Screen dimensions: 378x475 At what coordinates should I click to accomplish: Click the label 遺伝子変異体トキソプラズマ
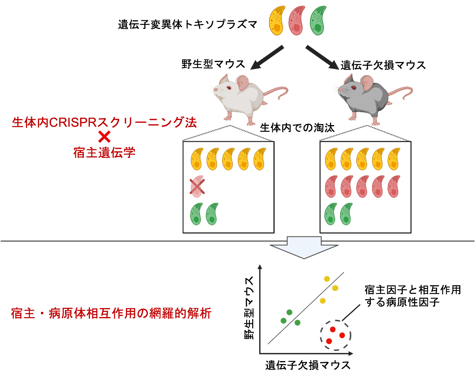188,25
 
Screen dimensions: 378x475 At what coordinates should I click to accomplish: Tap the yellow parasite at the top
277,21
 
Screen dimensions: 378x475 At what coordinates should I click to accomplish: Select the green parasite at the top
318,21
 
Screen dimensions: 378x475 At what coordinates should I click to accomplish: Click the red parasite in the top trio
297,21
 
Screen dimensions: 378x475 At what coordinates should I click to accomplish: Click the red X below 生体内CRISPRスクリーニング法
104,137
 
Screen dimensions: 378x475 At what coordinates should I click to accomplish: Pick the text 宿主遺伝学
104,153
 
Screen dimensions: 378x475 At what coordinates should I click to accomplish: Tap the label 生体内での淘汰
297,128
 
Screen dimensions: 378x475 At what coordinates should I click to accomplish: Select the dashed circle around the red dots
335,335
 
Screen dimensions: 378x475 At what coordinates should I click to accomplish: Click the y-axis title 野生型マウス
250,308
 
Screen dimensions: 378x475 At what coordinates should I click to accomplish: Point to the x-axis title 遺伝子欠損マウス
308,365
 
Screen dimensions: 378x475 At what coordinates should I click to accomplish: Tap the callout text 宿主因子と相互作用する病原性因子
412,296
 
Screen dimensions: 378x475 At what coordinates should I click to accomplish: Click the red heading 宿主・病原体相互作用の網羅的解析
111,313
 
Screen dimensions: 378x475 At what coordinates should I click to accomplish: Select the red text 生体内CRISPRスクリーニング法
104,122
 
